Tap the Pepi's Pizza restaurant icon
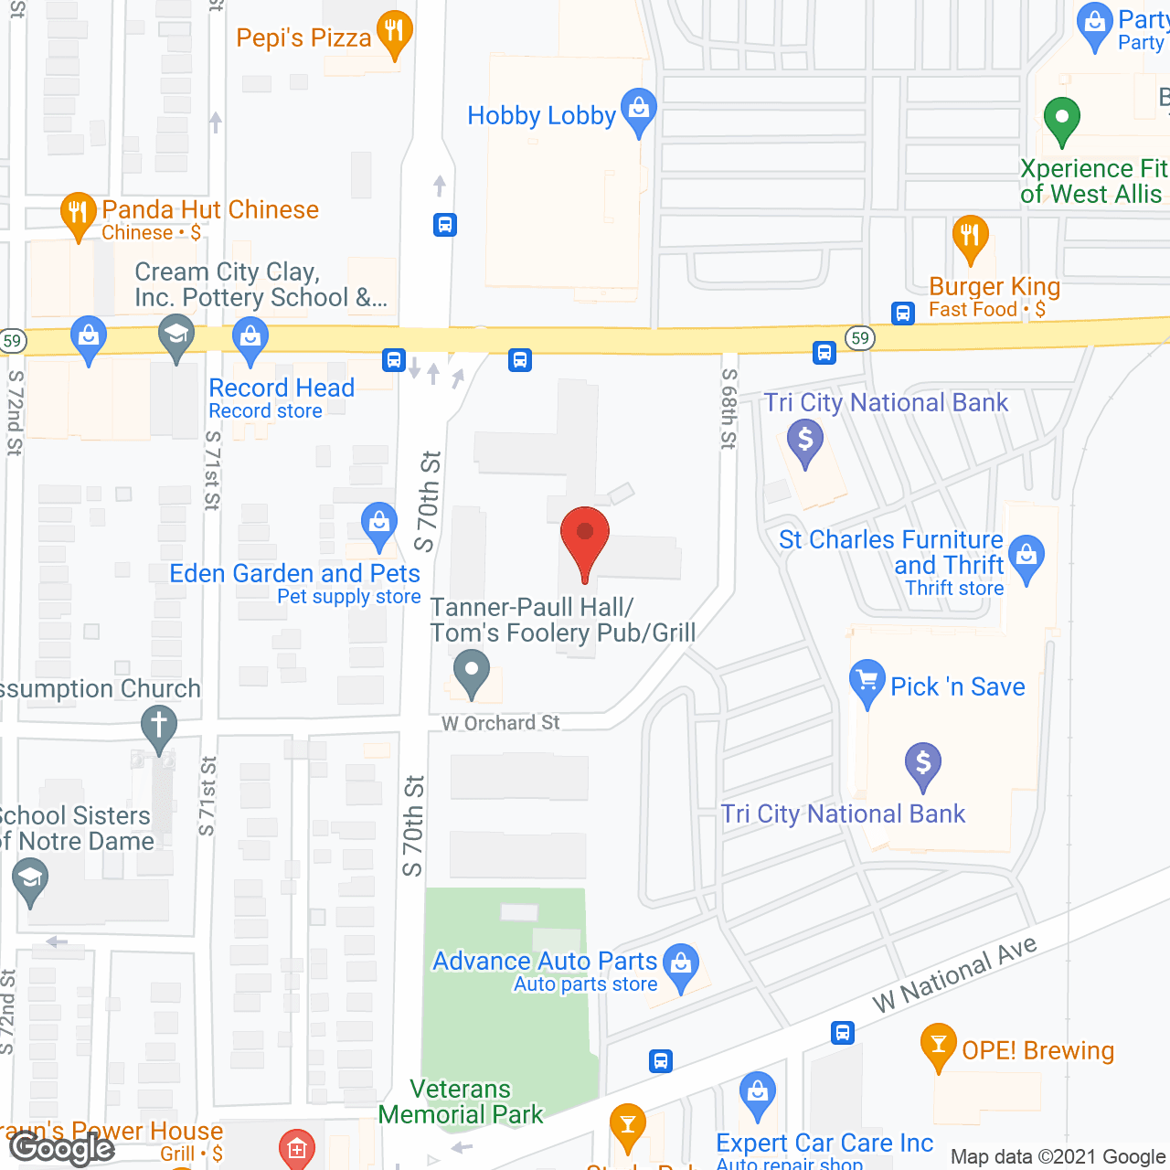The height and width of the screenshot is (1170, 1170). (394, 33)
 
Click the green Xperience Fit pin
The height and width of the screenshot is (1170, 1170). (1061, 119)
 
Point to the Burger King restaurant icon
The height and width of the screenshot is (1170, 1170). (970, 237)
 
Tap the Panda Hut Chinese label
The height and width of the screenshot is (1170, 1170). (210, 210)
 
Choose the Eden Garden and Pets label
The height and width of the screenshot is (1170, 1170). (294, 573)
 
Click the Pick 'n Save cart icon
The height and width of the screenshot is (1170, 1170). (867, 681)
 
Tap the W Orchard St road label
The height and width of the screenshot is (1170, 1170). (501, 723)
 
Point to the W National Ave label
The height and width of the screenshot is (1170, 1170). (954, 974)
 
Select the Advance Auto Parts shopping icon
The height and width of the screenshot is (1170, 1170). (680, 964)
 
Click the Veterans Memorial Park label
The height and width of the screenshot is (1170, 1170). (461, 1101)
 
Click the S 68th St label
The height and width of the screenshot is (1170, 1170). (729, 409)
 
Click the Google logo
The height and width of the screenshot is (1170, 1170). (62, 1148)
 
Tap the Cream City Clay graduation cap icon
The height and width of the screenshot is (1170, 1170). (175, 335)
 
